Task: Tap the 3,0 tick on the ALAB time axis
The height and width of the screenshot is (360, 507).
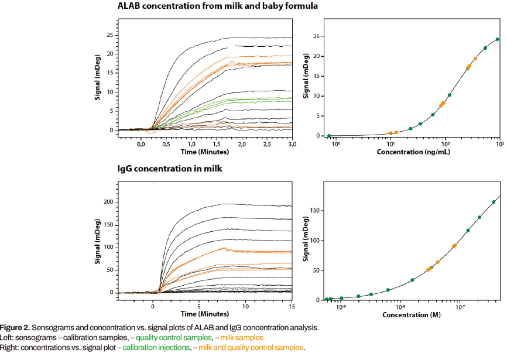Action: tap(292, 144)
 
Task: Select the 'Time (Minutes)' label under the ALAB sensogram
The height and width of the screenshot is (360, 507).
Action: tap(204, 152)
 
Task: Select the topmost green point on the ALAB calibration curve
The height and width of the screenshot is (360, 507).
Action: tap(497, 40)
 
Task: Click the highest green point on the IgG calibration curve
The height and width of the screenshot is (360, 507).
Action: tap(494, 202)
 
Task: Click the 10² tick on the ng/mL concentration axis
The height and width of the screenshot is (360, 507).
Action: tap(445, 144)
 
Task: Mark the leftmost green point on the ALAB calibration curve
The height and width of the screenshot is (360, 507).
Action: tap(329, 136)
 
